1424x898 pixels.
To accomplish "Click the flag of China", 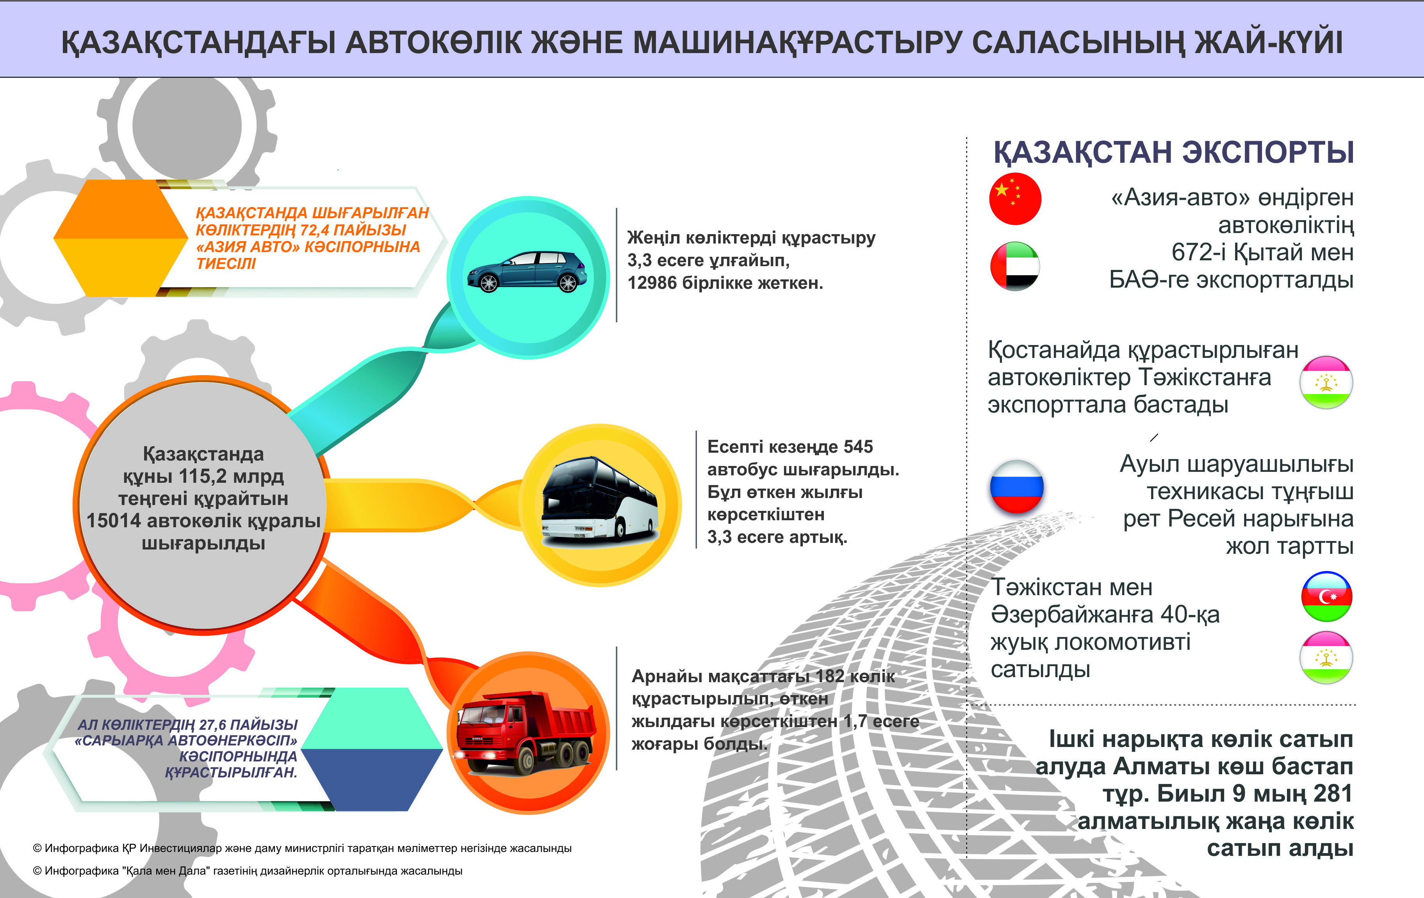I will pyautogui.click(x=1015, y=199).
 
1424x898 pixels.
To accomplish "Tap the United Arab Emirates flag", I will pyautogui.click(x=1015, y=266).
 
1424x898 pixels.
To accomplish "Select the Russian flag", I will pyautogui.click(x=1016, y=487).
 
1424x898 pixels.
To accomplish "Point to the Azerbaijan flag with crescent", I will pyautogui.click(x=1326, y=596).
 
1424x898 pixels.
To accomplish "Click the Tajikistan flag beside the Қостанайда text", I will pyautogui.click(x=1326, y=382).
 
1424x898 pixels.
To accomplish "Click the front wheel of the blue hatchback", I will pyautogui.click(x=488, y=283).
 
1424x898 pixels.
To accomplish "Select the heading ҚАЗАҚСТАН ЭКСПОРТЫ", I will pyautogui.click(x=1173, y=153).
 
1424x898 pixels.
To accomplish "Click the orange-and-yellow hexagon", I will pyautogui.click(x=121, y=238).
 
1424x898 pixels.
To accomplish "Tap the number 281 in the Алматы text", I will pyautogui.click(x=1332, y=793).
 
